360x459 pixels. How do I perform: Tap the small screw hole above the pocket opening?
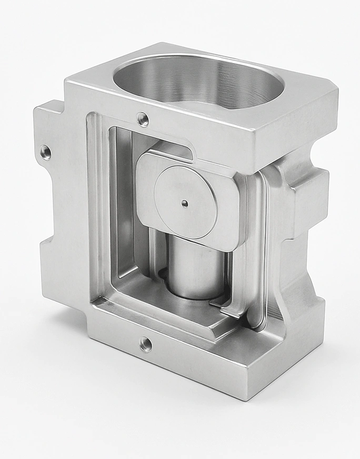click(x=142, y=119)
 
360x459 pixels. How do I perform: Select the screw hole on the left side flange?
click(x=46, y=152)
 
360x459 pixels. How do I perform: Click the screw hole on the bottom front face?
click(x=145, y=345)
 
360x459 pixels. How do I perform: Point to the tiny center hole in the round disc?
click(x=183, y=203)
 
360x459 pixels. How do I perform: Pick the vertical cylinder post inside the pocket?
click(x=195, y=268)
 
